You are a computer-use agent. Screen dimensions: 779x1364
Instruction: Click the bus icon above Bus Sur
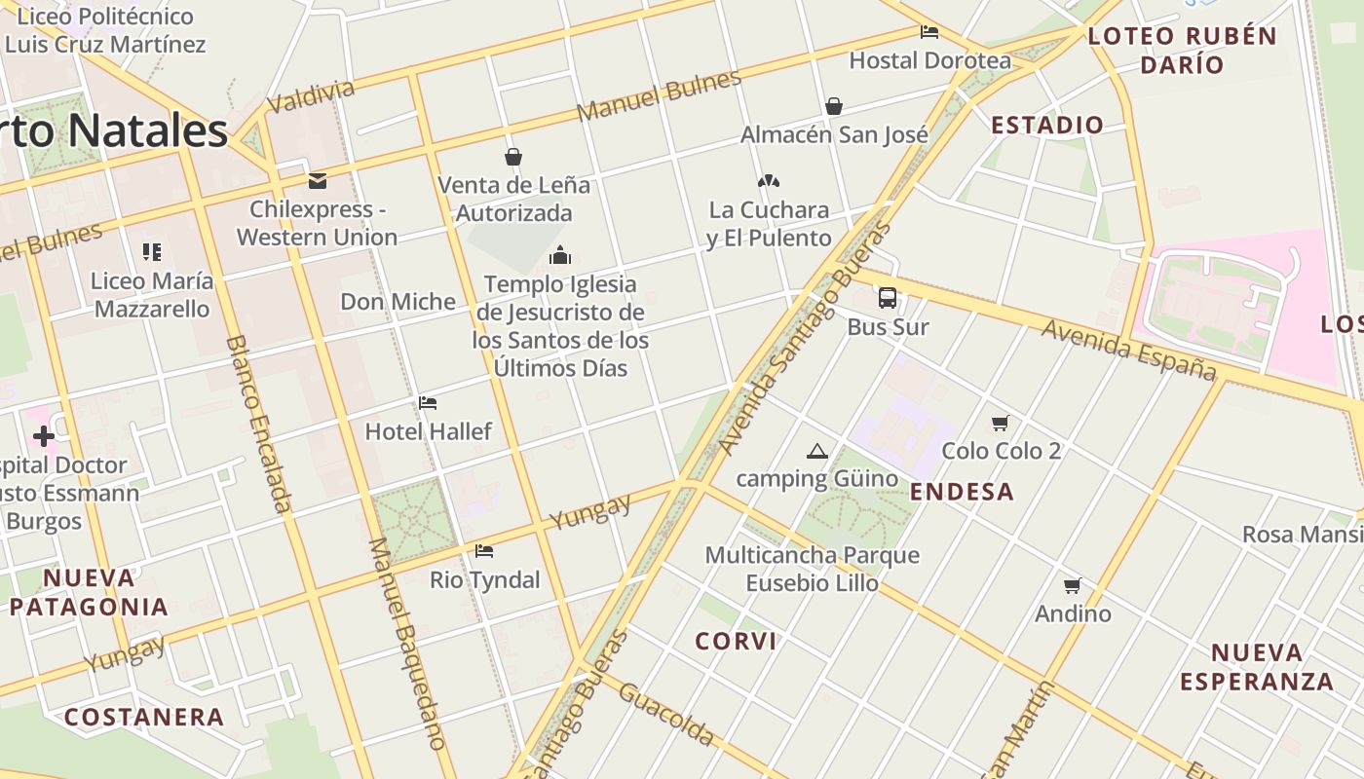[888, 298]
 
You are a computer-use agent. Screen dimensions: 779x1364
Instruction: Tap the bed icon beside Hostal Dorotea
[929, 32]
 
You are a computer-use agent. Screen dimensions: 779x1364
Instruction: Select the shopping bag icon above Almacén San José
[834, 106]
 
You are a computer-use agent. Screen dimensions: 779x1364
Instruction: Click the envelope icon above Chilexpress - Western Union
[317, 181]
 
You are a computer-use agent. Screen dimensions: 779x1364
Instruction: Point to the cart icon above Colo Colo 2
[1001, 423]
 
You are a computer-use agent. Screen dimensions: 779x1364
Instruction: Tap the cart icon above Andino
[1073, 585]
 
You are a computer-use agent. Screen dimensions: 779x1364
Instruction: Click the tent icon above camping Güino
[816, 451]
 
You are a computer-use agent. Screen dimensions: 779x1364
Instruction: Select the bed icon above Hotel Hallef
[428, 403]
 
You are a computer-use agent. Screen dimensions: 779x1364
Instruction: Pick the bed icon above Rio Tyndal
[484, 551]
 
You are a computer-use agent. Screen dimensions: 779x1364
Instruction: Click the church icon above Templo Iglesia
[560, 256]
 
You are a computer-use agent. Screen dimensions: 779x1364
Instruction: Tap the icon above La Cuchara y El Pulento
[769, 181]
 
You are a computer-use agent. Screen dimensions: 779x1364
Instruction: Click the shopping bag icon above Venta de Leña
[513, 157]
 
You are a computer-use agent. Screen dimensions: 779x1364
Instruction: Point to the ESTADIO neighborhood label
[1047, 125]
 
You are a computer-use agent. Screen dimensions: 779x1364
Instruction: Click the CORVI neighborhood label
[737, 641]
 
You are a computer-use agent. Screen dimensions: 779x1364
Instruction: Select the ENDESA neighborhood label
[963, 492]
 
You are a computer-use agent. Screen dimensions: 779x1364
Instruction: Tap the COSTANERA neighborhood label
[144, 718]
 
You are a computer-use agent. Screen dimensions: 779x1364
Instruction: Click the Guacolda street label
[666, 713]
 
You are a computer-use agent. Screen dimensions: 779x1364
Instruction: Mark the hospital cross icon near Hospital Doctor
[44, 436]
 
